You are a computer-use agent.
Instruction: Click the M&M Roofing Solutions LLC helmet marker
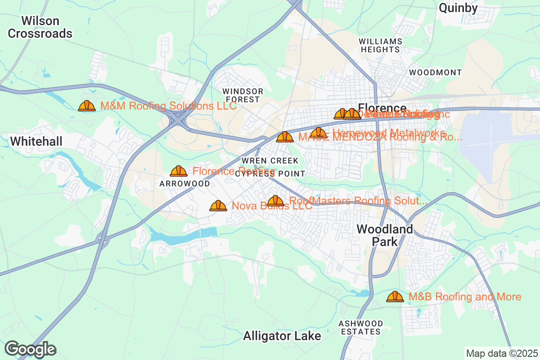pos(87,106)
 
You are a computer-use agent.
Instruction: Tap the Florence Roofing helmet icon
pos(179,171)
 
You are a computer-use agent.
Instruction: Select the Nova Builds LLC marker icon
pos(218,206)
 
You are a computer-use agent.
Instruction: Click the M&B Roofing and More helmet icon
pos(395,297)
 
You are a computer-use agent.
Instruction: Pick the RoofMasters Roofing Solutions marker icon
pos(275,201)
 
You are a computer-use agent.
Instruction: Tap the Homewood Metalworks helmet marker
pos(319,133)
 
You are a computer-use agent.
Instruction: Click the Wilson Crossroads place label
pos(40,27)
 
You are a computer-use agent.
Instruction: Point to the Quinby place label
pos(458,8)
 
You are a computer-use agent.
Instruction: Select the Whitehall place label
pos(36,141)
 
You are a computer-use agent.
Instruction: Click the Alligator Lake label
pos(282,336)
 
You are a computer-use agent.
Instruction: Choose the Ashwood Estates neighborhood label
pos(361,328)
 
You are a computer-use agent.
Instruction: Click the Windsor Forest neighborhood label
pos(243,95)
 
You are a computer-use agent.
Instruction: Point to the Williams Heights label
pos(380,45)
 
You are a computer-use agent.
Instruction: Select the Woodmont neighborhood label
pos(435,72)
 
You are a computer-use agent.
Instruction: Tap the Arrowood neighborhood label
pos(184,184)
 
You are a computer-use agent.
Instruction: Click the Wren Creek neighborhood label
pos(270,161)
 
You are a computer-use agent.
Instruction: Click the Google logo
pos(31,349)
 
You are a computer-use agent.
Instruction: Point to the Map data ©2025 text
pos(501,353)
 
